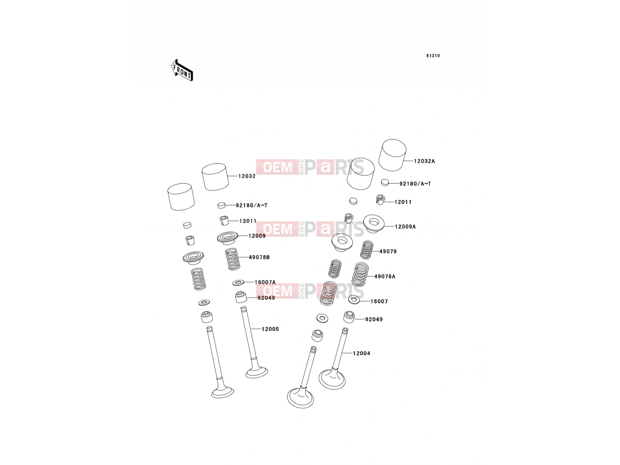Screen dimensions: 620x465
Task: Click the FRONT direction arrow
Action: (182, 70)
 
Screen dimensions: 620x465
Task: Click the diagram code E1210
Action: (433, 56)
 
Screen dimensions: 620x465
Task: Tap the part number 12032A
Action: (424, 161)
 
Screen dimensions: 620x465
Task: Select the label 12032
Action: (247, 176)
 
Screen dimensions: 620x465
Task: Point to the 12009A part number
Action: (405, 227)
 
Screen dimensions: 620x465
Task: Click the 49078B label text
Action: (259, 257)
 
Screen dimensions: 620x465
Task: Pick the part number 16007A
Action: (265, 282)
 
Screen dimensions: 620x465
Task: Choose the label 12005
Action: (270, 329)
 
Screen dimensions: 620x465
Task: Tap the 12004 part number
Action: (361, 353)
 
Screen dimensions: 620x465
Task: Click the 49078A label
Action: (385, 277)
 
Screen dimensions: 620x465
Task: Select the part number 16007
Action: (379, 301)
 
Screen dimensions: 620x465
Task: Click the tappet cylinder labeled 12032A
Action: (392, 155)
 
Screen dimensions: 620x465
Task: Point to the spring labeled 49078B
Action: (233, 259)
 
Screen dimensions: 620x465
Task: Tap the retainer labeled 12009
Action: (228, 238)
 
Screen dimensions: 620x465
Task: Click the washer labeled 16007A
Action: (238, 282)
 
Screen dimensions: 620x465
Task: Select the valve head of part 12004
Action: (332, 379)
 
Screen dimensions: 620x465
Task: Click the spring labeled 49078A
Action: (360, 274)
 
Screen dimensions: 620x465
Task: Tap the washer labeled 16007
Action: (354, 300)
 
